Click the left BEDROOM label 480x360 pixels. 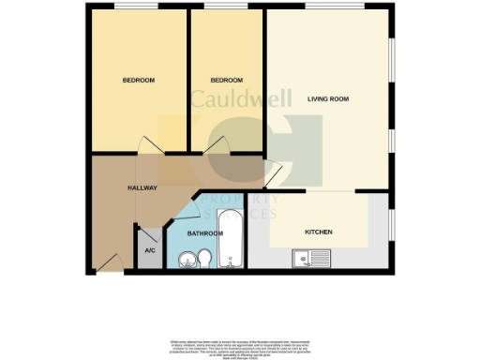pyautogui.click(x=139, y=80)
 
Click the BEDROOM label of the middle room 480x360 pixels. pyautogui.click(x=226, y=80)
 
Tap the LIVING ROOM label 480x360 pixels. pyautogui.click(x=327, y=97)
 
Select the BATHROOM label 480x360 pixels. pyautogui.click(x=204, y=232)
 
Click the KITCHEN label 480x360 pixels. pyautogui.click(x=319, y=232)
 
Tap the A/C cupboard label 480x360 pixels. pyautogui.click(x=149, y=251)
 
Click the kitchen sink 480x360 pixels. pyautogui.click(x=310, y=258)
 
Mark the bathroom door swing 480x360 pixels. pyautogui.click(x=185, y=209)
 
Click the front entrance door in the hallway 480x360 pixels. pyautogui.click(x=110, y=263)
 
